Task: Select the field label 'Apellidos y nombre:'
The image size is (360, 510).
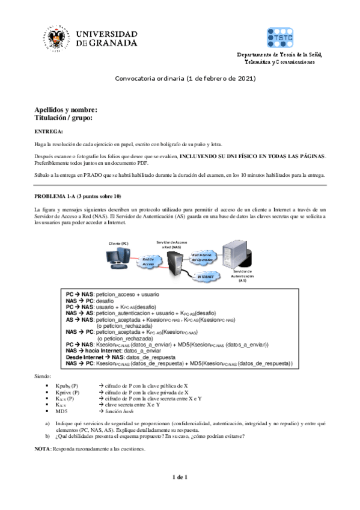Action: tap(66, 110)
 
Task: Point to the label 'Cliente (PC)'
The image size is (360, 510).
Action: tap(118, 243)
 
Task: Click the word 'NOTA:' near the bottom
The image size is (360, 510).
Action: tap(42, 449)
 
